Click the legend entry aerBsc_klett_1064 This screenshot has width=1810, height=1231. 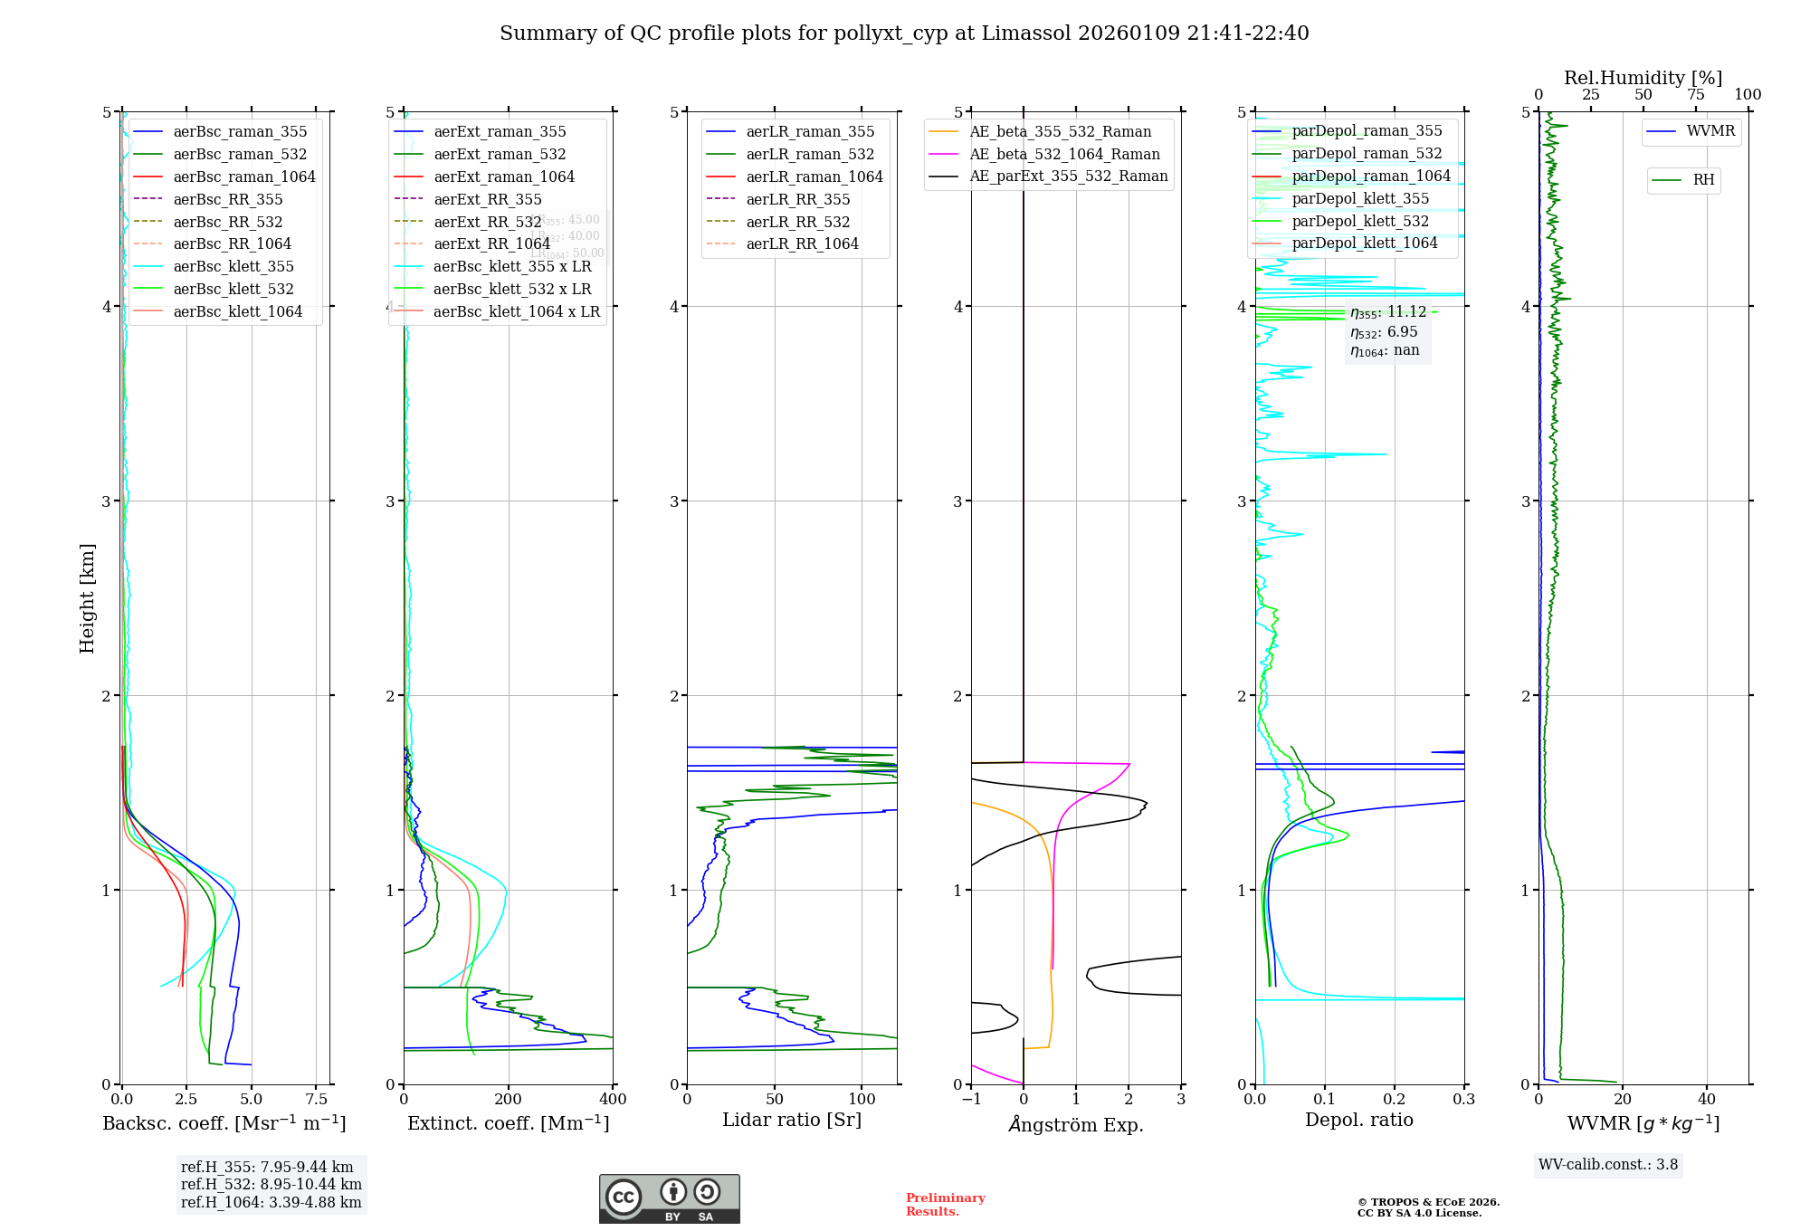pyautogui.click(x=237, y=311)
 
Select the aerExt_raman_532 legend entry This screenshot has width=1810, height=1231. pyautogui.click(x=500, y=154)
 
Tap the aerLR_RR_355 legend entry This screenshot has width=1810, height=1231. pyautogui.click(x=797, y=199)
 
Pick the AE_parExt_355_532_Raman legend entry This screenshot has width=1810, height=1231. pyautogui.click(x=1068, y=176)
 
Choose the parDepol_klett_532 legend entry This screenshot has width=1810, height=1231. pyautogui.click(x=1359, y=221)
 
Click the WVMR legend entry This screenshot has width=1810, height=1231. pyautogui.click(x=1710, y=131)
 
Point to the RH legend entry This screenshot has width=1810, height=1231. pyautogui.click(x=1703, y=180)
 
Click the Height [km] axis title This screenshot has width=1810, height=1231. pyautogui.click(x=87, y=598)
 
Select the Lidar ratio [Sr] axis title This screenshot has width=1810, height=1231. pyautogui.click(x=792, y=1120)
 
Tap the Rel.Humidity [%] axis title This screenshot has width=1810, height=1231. pyautogui.click(x=1643, y=78)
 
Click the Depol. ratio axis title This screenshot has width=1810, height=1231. pyautogui.click(x=1358, y=1120)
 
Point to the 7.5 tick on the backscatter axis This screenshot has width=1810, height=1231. pyautogui.click(x=316, y=1099)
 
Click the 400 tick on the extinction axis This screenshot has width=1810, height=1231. pyautogui.click(x=613, y=1099)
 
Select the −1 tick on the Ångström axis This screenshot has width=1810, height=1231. pyautogui.click(x=971, y=1099)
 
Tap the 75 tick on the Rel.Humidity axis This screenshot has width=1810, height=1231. pyautogui.click(x=1695, y=95)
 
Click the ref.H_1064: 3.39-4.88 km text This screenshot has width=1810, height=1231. pyautogui.click(x=271, y=1202)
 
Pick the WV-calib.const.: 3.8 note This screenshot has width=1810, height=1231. pyautogui.click(x=1607, y=1164)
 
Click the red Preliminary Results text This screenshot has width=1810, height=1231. pyautogui.click(x=945, y=1204)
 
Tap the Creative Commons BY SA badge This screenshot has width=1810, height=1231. pyautogui.click(x=669, y=1198)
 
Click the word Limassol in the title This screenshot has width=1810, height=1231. pyautogui.click(x=1020, y=33)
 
